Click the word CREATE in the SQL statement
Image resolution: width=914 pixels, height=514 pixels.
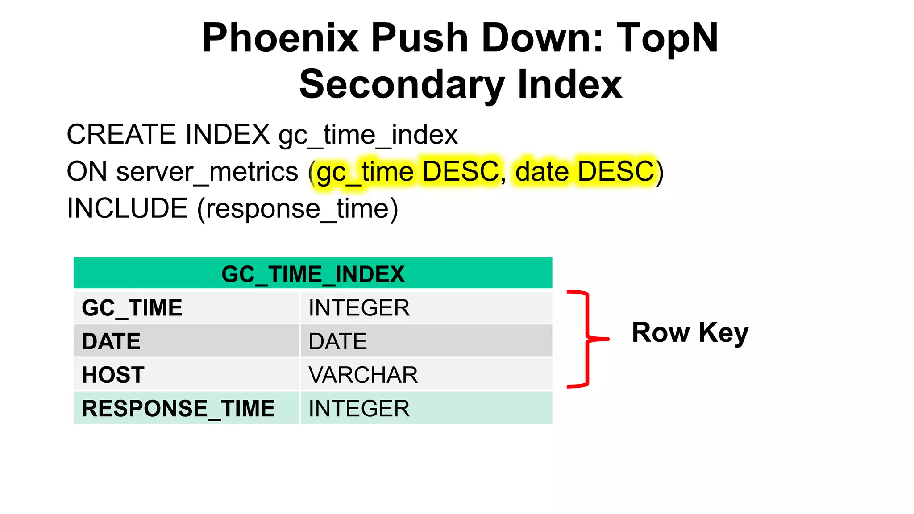(124, 134)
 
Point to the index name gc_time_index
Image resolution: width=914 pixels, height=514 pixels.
(368, 135)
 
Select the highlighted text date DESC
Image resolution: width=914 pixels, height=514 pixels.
(585, 172)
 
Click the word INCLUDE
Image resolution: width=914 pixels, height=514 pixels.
(127, 208)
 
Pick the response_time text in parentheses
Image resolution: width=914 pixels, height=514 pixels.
(298, 209)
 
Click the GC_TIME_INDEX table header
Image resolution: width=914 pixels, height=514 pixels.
(313, 274)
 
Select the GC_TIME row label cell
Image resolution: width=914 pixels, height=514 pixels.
(132, 308)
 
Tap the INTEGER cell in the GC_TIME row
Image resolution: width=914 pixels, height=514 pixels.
(359, 308)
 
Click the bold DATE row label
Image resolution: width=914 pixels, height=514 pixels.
(111, 341)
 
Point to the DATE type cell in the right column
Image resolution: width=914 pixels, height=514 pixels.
(338, 341)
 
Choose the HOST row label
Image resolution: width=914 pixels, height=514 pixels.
(113, 375)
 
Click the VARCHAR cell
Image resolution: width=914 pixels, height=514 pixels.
(363, 375)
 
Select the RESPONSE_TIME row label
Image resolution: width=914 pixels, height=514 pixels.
(178, 408)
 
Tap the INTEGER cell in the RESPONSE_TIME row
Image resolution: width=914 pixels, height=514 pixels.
(359, 408)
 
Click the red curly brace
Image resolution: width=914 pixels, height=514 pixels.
(588, 339)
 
